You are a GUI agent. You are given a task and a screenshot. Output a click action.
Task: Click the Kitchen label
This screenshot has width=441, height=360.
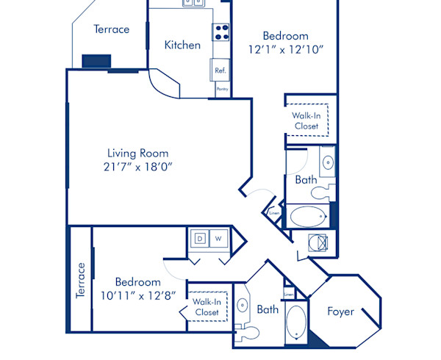182,45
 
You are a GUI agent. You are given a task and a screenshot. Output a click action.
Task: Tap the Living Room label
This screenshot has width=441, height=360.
140,154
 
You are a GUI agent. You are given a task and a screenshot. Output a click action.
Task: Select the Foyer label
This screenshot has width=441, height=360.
340,312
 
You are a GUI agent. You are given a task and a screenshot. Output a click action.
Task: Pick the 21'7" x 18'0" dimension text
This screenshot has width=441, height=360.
140,167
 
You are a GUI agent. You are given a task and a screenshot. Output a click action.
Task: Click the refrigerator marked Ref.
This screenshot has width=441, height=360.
220,71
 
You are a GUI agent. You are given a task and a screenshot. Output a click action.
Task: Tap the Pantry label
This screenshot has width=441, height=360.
222,89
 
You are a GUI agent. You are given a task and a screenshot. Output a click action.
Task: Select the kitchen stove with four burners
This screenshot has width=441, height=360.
220,32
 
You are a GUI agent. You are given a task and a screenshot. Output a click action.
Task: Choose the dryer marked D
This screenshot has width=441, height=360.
199,238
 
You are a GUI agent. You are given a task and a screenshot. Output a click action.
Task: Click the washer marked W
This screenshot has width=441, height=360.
218,238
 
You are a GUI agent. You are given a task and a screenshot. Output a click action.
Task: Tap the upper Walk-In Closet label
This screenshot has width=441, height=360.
306,120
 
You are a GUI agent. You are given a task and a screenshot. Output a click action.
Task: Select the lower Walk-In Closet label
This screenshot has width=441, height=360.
207,307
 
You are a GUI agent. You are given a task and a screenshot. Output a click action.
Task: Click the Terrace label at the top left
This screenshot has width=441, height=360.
112,29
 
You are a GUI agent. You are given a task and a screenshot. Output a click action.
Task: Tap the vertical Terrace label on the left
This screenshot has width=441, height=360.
81,280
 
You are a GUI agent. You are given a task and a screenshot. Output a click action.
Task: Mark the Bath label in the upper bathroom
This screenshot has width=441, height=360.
306,179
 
